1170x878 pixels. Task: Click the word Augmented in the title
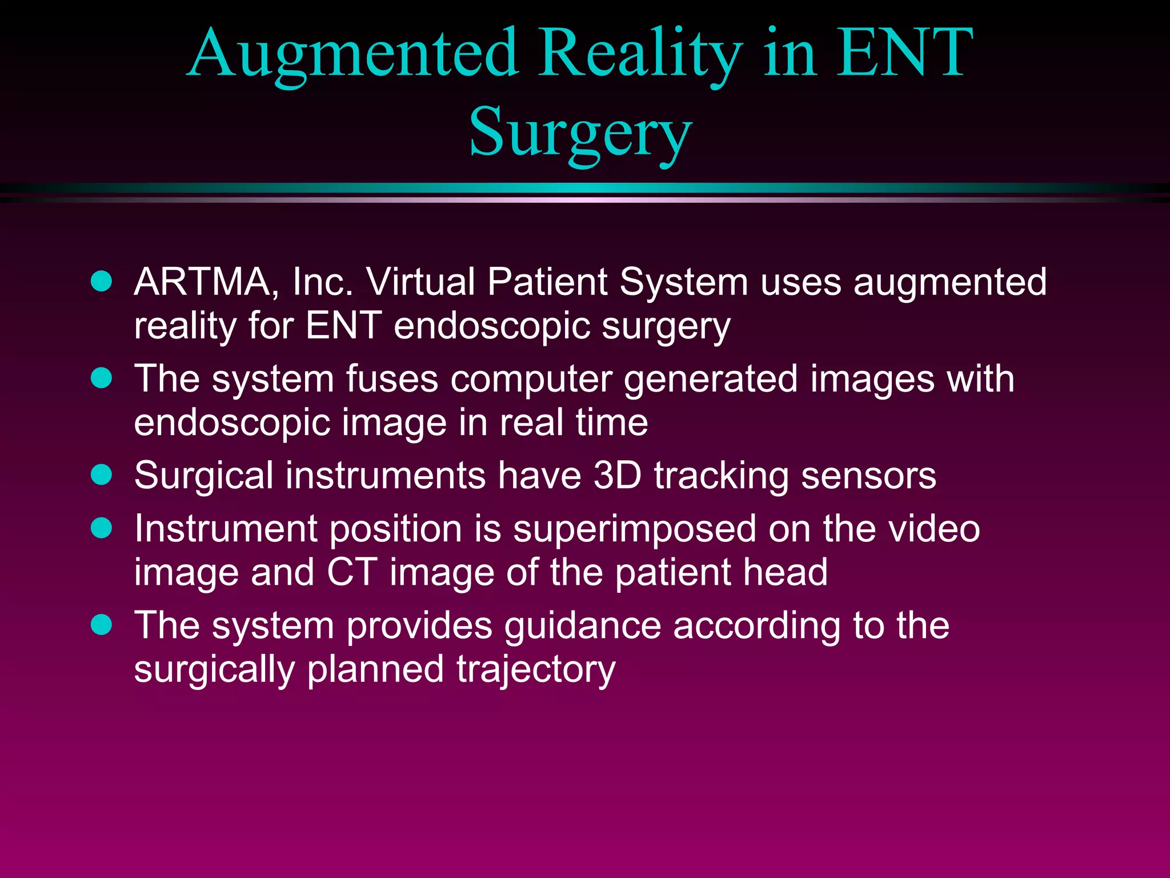pos(352,54)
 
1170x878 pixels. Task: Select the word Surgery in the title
pos(580,133)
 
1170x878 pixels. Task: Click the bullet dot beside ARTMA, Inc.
pos(102,281)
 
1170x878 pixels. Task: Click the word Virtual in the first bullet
pos(420,282)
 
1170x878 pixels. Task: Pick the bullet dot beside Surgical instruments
pos(102,475)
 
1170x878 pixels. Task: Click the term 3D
pos(618,476)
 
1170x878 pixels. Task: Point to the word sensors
pos(868,476)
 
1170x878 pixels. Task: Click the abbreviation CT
pos(352,572)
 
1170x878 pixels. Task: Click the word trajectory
pos(536,670)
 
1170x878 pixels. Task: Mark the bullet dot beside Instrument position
pos(102,528)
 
